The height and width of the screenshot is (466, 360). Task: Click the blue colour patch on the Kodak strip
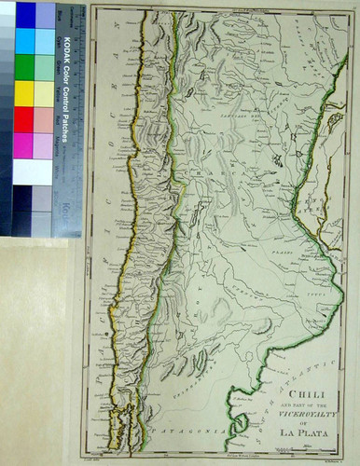(25, 15)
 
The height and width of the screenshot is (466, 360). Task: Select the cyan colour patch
(25, 41)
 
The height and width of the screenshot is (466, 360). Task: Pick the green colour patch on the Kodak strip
(25, 67)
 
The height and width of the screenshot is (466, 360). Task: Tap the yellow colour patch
(25, 93)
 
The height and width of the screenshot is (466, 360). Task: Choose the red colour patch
(25, 119)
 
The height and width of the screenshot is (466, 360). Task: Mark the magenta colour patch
(25, 145)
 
